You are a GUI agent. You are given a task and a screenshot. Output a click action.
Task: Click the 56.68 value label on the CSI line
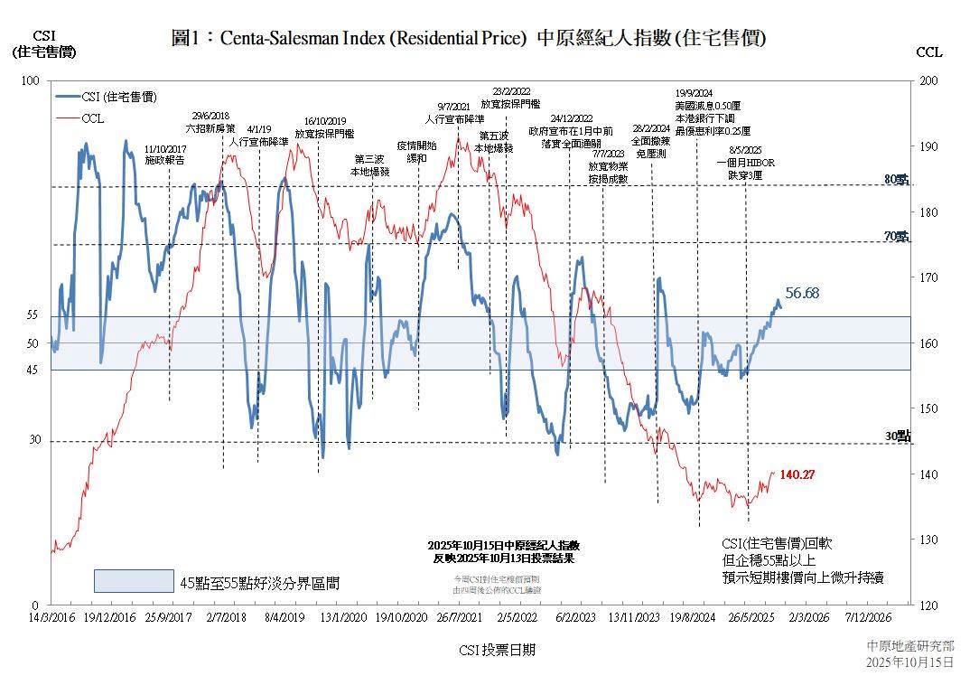pos(802,293)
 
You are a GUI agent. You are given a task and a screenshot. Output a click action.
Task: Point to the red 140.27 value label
pos(797,474)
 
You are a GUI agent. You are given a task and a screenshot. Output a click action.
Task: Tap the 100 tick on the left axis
pos(31,81)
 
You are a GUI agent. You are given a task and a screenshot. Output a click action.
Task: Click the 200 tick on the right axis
pos(929,81)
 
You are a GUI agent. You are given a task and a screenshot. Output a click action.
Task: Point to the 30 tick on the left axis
pos(35,440)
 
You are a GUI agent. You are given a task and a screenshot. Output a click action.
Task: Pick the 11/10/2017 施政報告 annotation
pos(165,155)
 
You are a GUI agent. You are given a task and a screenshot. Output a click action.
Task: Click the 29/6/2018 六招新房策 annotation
pos(211,122)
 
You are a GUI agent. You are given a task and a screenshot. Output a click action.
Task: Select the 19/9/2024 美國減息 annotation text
pos(707,112)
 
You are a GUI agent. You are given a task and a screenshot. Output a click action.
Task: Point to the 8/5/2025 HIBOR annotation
pos(745,163)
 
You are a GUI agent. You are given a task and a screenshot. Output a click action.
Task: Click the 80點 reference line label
pos(897,180)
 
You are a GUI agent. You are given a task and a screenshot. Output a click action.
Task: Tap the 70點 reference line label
pos(897,237)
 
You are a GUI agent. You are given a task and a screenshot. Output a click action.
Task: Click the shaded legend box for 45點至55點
pos(134,581)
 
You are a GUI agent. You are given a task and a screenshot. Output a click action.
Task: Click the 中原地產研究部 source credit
pos(909,646)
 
